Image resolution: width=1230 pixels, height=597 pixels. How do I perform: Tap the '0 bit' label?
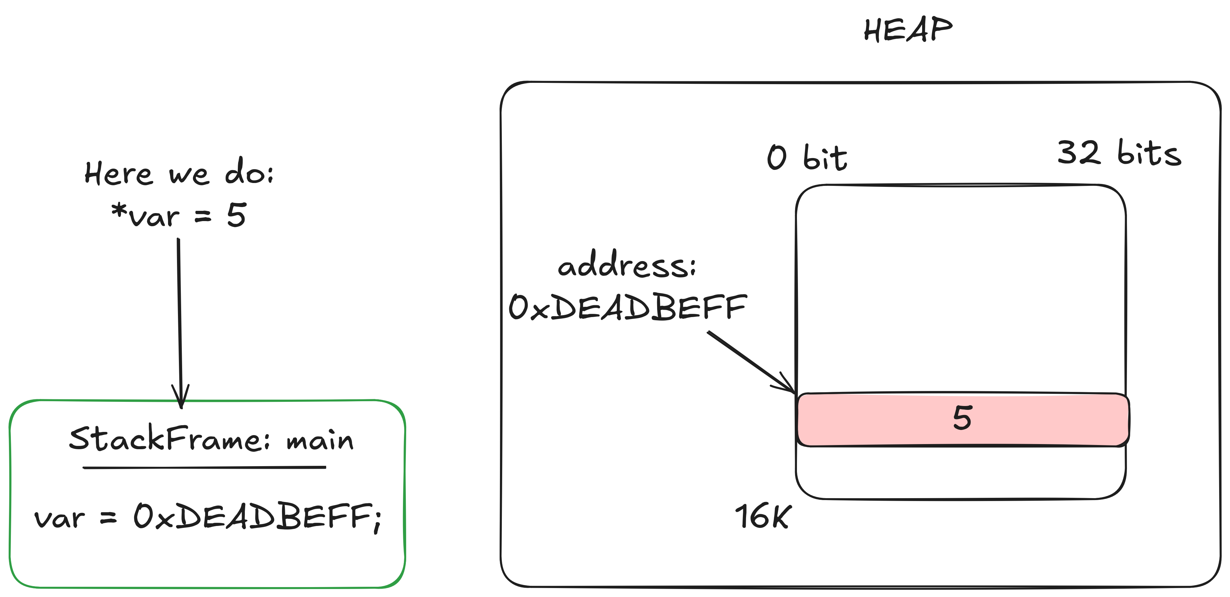pyautogui.click(x=807, y=157)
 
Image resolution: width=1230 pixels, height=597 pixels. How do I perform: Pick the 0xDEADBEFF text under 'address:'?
pyautogui.click(x=627, y=307)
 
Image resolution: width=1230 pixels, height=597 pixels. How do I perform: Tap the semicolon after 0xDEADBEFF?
pyautogui.click(x=378, y=520)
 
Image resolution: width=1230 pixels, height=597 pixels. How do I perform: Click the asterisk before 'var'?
pyautogui.click(x=118, y=210)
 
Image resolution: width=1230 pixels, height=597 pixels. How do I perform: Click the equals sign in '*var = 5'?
pyautogui.click(x=203, y=217)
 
